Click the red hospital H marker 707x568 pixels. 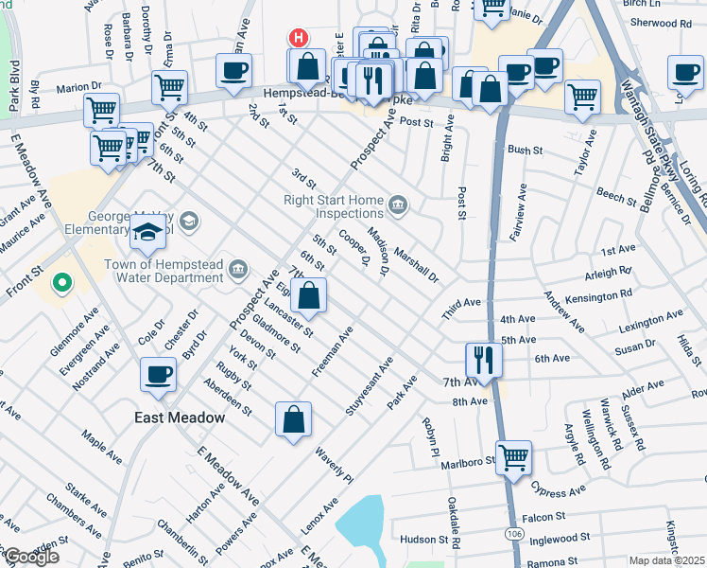pyautogui.click(x=299, y=39)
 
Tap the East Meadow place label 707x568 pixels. pyautogui.click(x=178, y=417)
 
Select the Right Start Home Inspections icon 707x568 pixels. pyautogui.click(x=399, y=202)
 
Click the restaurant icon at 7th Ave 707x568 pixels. pyautogui.click(x=483, y=360)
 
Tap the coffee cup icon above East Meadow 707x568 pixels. pyautogui.click(x=158, y=374)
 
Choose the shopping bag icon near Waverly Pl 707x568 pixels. pyautogui.click(x=294, y=419)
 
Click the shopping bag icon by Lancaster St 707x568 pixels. pyautogui.click(x=309, y=295)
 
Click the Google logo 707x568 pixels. pyautogui.click(x=30, y=556)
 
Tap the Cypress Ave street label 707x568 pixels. pyautogui.click(x=557, y=492)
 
